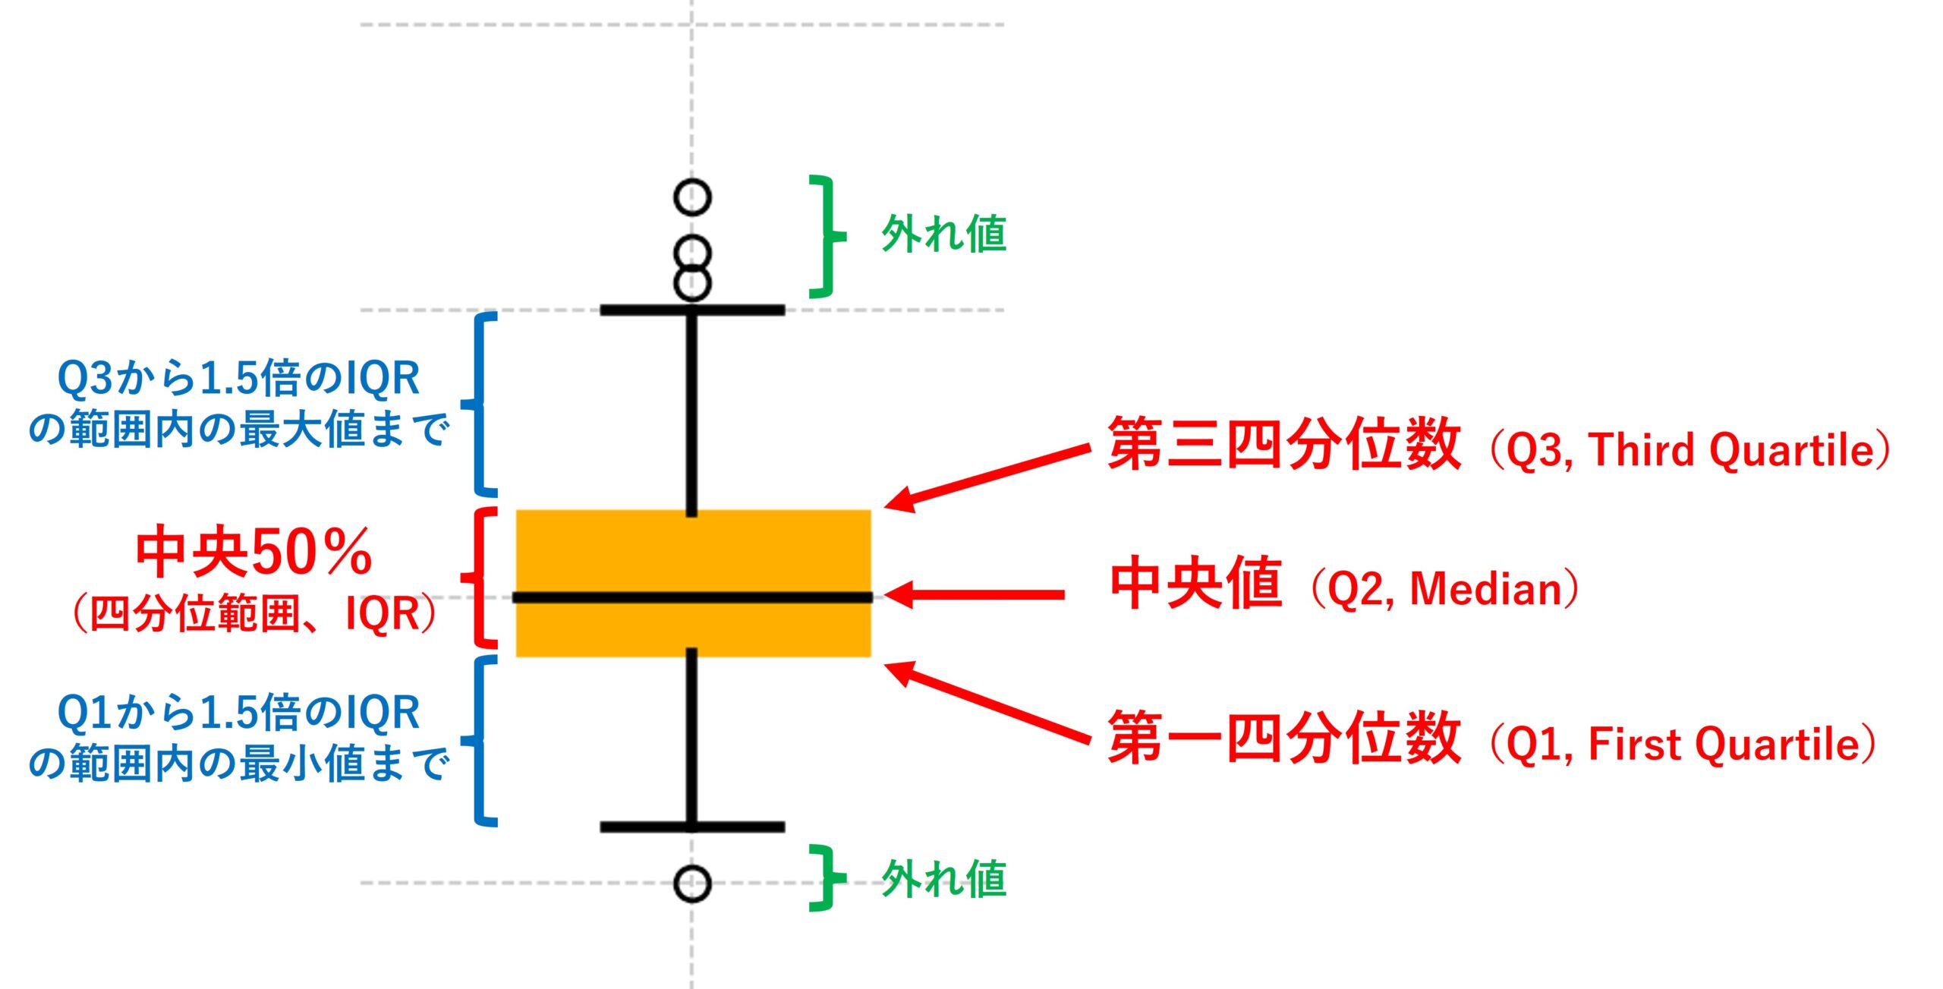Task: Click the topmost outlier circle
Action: [692, 197]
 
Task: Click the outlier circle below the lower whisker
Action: [692, 883]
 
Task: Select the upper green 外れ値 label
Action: [943, 234]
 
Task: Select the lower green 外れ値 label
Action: [943, 880]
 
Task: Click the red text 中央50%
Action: [254, 552]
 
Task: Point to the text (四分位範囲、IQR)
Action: [254, 614]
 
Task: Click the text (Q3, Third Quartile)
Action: [1689, 451]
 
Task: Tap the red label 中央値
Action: [1196, 583]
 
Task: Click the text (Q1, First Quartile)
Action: [1682, 745]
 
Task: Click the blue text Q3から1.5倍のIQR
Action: [238, 378]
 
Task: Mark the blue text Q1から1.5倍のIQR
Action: [238, 713]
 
